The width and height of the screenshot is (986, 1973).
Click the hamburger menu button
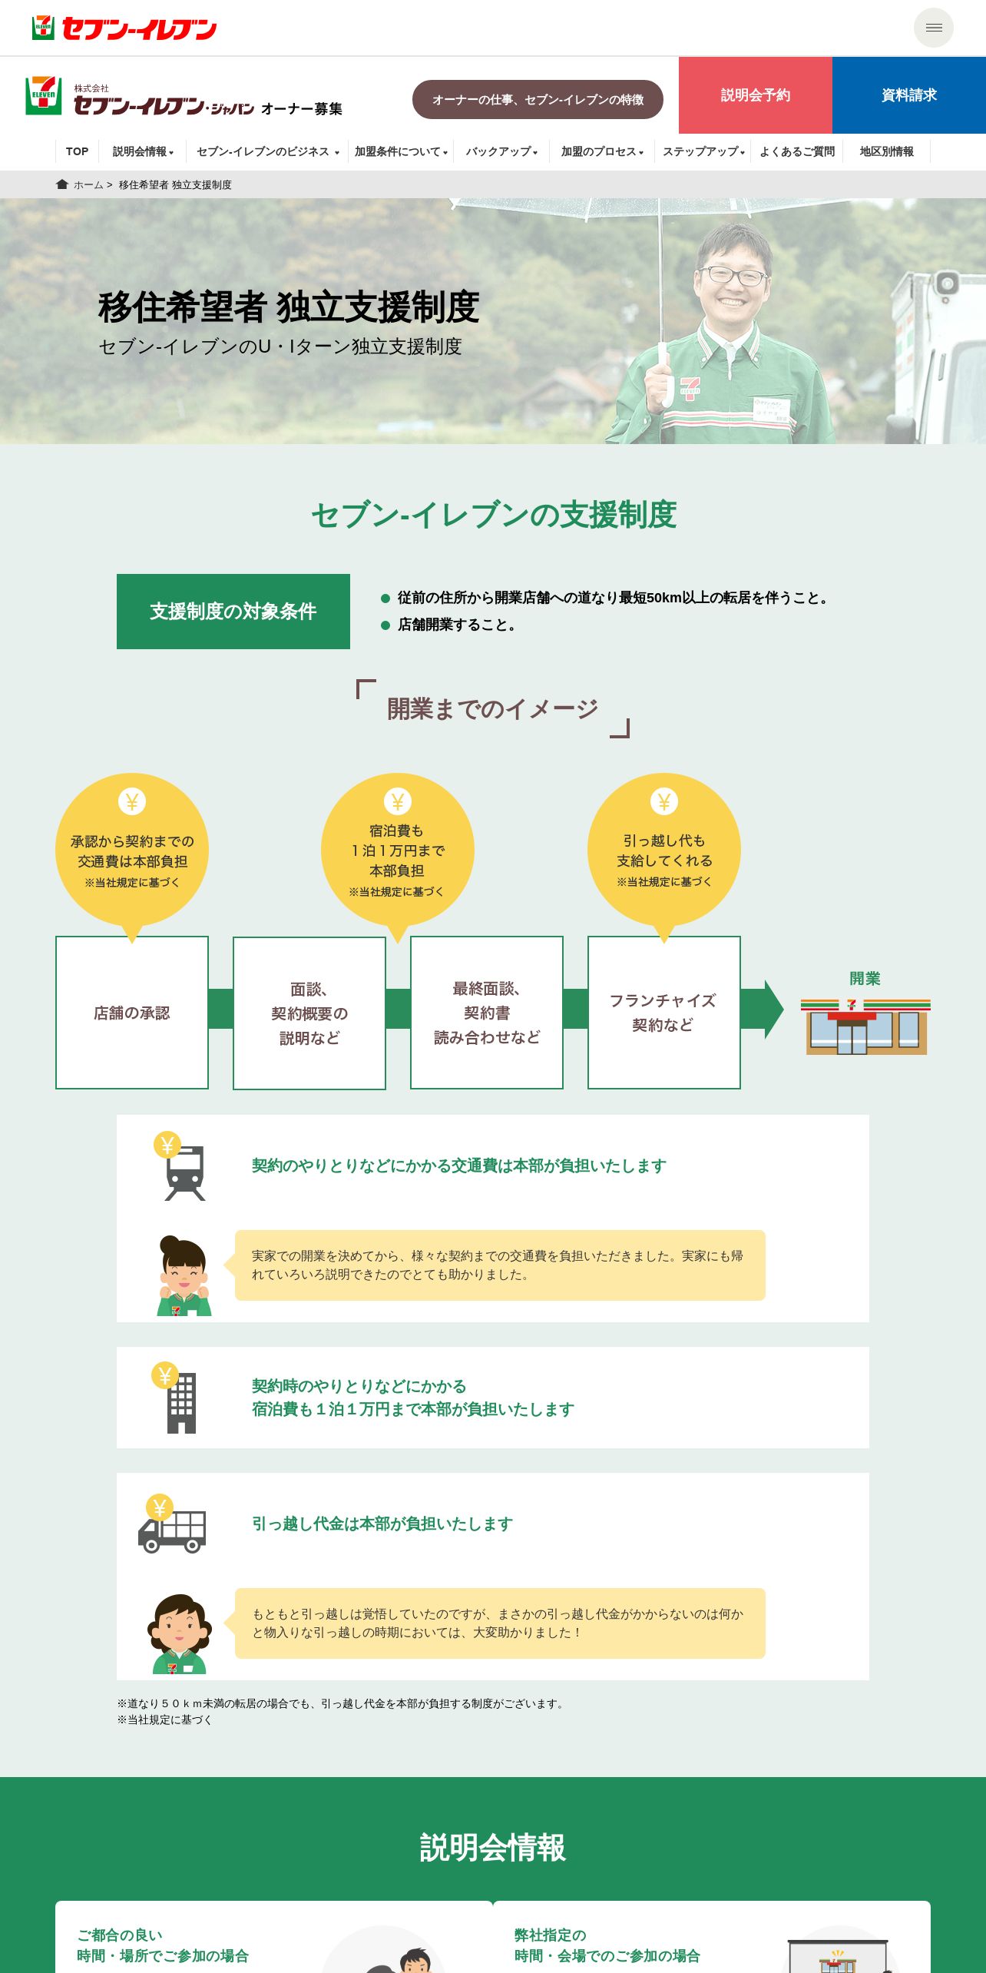(x=933, y=28)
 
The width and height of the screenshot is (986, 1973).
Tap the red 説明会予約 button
(x=755, y=95)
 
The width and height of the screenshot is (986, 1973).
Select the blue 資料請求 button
(x=908, y=95)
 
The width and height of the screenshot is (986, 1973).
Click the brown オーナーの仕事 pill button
(x=538, y=100)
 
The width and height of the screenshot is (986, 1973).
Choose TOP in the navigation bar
(x=77, y=151)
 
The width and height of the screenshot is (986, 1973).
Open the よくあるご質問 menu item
(x=796, y=151)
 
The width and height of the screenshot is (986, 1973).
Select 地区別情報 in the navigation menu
(x=886, y=151)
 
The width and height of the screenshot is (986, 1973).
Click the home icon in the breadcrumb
(x=62, y=184)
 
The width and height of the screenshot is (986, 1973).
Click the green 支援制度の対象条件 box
(x=233, y=612)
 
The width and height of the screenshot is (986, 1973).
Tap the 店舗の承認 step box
(x=132, y=1013)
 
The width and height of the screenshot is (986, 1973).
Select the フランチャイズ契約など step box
(x=663, y=1013)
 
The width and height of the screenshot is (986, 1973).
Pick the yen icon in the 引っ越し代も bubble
(x=664, y=802)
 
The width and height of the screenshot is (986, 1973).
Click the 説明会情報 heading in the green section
(x=493, y=1848)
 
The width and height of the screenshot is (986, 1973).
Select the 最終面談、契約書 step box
(x=487, y=1013)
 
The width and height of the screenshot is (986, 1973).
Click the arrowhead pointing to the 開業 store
(x=772, y=1010)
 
